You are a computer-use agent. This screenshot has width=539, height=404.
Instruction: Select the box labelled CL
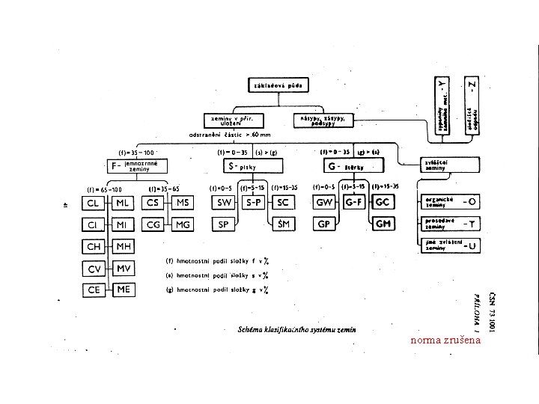point(94,203)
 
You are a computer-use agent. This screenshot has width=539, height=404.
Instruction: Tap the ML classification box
point(122,203)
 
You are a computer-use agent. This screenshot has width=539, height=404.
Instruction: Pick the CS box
point(153,203)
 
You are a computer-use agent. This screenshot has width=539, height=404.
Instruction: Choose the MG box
point(183,224)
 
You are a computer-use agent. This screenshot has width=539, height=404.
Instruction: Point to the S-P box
point(254,203)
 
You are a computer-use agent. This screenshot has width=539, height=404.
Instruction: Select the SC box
point(284,203)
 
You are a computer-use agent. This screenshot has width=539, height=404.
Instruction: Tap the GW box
point(324,203)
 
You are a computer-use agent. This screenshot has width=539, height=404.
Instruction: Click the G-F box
point(353,203)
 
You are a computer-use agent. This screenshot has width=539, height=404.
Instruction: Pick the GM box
point(383,224)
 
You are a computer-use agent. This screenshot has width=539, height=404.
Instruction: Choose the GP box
point(324,224)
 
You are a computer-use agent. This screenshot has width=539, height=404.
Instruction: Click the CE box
point(94,289)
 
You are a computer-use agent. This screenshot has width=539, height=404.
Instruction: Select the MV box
point(122,267)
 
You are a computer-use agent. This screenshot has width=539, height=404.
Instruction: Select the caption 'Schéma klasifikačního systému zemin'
point(296,328)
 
